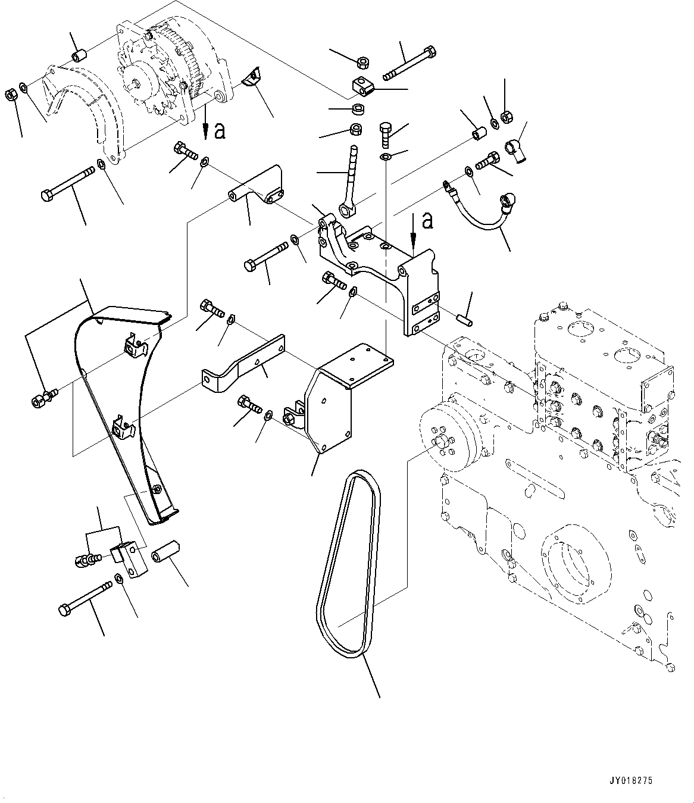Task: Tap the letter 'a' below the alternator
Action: point(220,131)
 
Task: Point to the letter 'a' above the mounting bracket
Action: point(427,221)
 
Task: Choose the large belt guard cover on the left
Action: point(119,405)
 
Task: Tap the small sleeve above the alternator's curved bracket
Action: point(79,56)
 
